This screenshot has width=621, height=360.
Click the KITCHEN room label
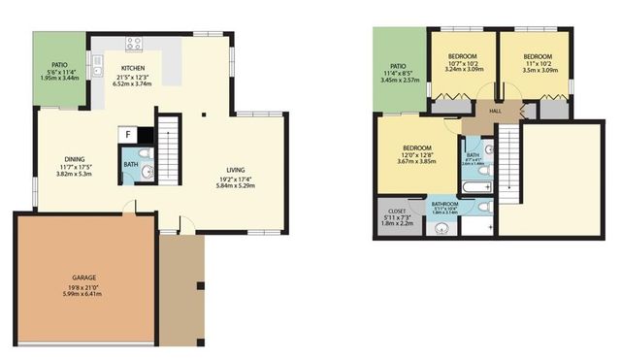[x=135, y=68]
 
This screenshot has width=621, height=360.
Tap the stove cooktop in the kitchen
[x=134, y=44]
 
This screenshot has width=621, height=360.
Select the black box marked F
[x=128, y=135]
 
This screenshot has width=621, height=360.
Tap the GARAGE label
[x=83, y=278]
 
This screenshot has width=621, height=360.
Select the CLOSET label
[x=397, y=211]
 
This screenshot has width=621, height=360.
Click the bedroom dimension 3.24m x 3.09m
[x=461, y=70]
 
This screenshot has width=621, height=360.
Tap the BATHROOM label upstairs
[x=445, y=203]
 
